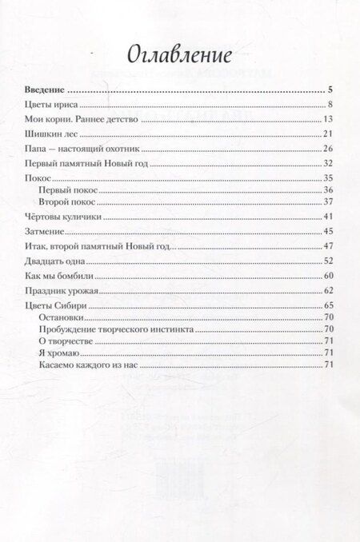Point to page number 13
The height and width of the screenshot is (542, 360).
click(x=327, y=119)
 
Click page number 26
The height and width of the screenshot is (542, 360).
click(x=327, y=149)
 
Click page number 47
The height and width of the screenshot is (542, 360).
click(x=327, y=246)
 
